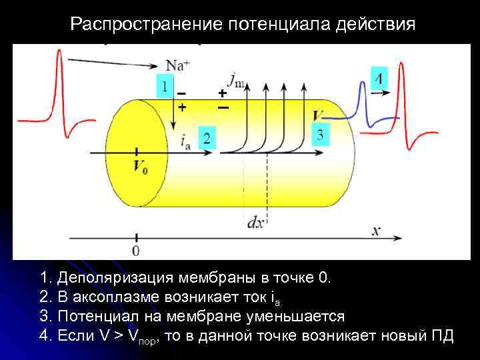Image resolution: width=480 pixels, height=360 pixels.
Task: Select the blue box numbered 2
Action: [x=207, y=138]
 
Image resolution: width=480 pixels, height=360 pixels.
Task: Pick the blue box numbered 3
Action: [x=321, y=135]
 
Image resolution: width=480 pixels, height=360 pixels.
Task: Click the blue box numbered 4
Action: [x=378, y=79]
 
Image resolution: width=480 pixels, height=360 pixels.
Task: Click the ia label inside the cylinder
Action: [x=185, y=140]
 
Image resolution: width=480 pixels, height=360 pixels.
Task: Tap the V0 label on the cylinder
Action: [x=141, y=167]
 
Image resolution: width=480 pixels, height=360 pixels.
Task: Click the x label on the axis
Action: [x=376, y=231]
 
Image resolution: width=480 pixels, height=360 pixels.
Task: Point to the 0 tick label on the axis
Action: [x=137, y=251]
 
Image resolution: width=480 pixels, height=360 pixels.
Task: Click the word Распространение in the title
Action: [x=146, y=25]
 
